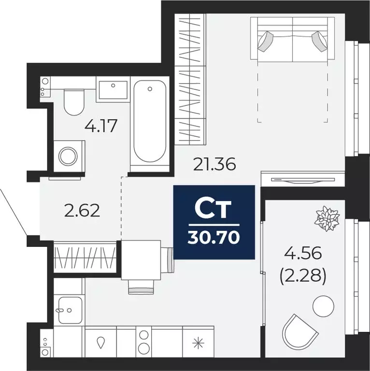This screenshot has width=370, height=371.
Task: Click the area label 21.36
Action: pyautogui.click(x=214, y=165)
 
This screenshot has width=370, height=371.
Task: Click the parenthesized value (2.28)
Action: pyautogui.click(x=303, y=277)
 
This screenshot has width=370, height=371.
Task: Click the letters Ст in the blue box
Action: pyautogui.click(x=213, y=210)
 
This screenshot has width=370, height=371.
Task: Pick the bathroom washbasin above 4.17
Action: pyautogui.click(x=113, y=91)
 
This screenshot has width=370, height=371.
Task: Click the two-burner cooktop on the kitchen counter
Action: pyautogui.click(x=143, y=342)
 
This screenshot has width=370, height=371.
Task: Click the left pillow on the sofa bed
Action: pyautogui.click(x=266, y=41)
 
